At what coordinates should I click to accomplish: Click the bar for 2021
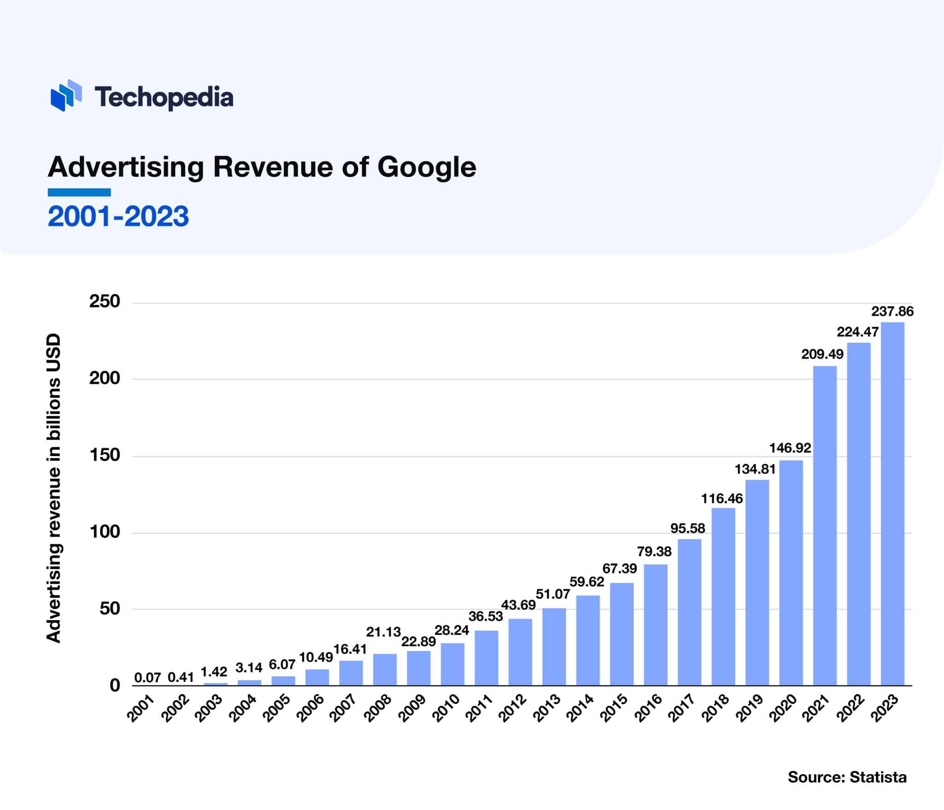tap(825, 525)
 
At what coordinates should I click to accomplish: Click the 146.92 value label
tap(790, 447)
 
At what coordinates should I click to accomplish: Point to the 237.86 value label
tap(892, 311)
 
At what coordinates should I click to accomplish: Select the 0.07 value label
tap(147, 677)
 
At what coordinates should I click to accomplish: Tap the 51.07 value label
tap(553, 594)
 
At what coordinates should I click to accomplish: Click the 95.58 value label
tap(688, 528)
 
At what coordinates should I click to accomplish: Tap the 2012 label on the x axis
tap(515, 708)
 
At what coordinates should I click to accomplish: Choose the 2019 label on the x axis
tap(752, 708)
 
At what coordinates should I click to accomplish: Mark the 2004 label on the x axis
tap(245, 708)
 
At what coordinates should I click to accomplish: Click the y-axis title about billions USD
tap(54, 488)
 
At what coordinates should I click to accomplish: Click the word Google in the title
tap(427, 167)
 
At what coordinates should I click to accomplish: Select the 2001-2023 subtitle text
tap(118, 217)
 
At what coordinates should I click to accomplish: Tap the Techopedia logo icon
tap(66, 95)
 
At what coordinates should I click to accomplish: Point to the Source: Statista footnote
tap(847, 777)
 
